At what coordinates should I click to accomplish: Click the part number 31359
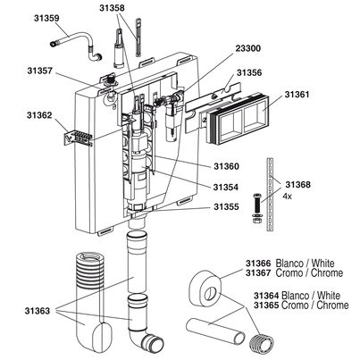tap(46, 18)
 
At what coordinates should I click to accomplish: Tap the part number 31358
tap(112, 8)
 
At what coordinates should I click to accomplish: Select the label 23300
tap(248, 48)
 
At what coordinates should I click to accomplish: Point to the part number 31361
tap(297, 95)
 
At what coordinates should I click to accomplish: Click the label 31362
tap(39, 115)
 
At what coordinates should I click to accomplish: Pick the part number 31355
tap(226, 206)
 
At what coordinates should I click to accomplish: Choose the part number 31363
tap(38, 311)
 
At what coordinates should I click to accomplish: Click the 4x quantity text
tap(287, 197)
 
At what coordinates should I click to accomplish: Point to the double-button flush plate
tap(237, 119)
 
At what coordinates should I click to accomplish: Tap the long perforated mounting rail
tap(270, 194)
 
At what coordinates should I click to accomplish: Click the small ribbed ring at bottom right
tap(263, 344)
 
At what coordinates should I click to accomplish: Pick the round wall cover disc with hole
tap(205, 288)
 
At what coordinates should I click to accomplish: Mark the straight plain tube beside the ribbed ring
tap(215, 331)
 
